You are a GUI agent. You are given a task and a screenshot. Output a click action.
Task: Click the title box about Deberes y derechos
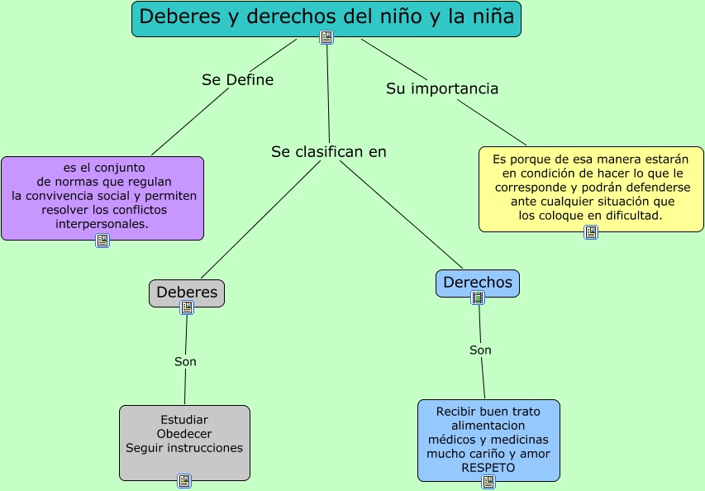click(326, 17)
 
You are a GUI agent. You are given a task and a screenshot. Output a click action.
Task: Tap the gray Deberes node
click(187, 292)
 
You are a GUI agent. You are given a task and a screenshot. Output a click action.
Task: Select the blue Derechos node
click(478, 283)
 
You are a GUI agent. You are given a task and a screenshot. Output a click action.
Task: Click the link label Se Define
click(237, 80)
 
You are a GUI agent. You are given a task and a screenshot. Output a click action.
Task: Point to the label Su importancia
click(442, 88)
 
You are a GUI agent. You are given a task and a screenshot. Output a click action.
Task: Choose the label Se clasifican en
click(329, 152)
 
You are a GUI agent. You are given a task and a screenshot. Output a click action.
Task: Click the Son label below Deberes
click(185, 361)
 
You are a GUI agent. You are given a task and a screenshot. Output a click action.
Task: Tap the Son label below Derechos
click(480, 350)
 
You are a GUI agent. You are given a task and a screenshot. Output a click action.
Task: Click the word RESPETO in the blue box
click(488, 468)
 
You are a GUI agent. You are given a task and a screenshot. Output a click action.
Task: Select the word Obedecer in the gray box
click(184, 434)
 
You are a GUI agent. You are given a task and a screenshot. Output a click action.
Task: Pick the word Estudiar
click(184, 420)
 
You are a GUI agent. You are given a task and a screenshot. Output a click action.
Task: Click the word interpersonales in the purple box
click(102, 224)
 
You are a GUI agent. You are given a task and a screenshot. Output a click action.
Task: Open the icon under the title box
click(326, 37)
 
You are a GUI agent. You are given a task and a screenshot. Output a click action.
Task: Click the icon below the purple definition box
click(102, 241)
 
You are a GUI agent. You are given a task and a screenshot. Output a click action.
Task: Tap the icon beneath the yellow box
click(591, 232)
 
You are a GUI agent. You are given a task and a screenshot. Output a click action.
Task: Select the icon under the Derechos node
click(478, 298)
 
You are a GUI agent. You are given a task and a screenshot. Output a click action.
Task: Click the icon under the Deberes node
click(187, 307)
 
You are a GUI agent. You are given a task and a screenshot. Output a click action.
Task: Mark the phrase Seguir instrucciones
click(184, 448)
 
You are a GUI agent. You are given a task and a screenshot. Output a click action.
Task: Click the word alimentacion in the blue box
click(488, 426)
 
